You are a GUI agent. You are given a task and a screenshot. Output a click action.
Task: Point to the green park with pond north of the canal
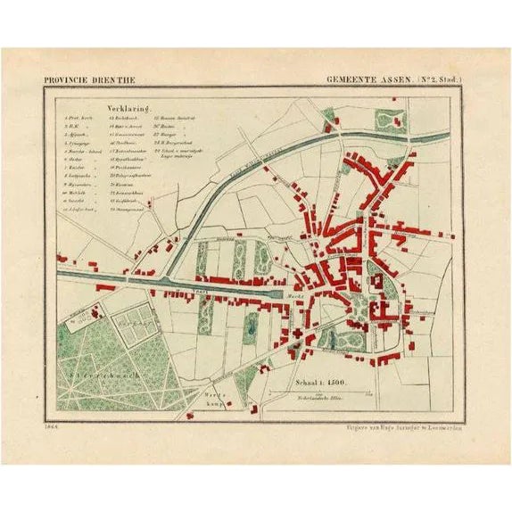[x=390, y=120]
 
